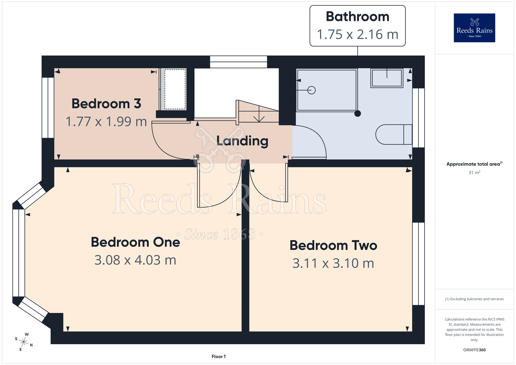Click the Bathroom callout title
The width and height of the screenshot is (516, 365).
pyautogui.click(x=357, y=17)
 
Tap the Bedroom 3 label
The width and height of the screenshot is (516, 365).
pyautogui.click(x=106, y=104)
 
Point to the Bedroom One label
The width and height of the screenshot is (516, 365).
pyautogui.click(x=135, y=242)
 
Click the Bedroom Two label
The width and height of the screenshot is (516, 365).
pyautogui.click(x=333, y=245)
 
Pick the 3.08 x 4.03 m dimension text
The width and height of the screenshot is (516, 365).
pyautogui.click(x=135, y=260)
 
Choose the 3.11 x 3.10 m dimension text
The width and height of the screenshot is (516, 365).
pyautogui.click(x=333, y=263)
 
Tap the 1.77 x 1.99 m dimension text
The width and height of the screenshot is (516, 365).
pyautogui.click(x=106, y=122)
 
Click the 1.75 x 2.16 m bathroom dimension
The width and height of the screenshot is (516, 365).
pyautogui.click(x=358, y=34)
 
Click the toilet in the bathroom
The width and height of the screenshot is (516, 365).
pyautogui.click(x=394, y=134)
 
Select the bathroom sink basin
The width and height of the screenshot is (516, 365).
pyautogui.click(x=387, y=78)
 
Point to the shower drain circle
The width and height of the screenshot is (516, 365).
pyautogui.click(x=312, y=90)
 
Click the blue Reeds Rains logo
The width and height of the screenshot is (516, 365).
pyautogui.click(x=474, y=28)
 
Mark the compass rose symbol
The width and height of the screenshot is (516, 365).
pyautogui.click(x=23, y=342)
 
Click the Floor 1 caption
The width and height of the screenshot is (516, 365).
pyautogui.click(x=219, y=356)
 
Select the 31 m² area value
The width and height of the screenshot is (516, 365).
pyautogui.click(x=474, y=172)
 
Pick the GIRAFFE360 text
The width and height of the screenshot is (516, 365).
pyautogui.click(x=474, y=350)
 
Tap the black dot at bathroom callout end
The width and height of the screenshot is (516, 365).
pyautogui.click(x=358, y=113)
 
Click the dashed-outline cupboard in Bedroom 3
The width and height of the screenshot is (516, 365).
pyautogui.click(x=175, y=89)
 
